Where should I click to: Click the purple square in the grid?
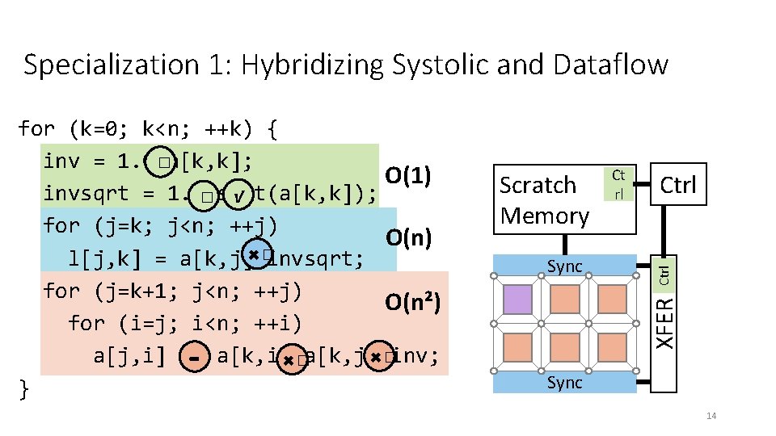click(x=518, y=299)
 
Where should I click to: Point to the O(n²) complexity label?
click(x=412, y=302)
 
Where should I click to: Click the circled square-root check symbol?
click(x=238, y=196)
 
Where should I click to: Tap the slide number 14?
click(x=711, y=416)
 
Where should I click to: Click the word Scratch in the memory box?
click(x=537, y=185)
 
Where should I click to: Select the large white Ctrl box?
click(x=677, y=185)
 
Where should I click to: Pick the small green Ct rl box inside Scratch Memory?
click(x=618, y=184)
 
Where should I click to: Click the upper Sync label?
click(x=564, y=266)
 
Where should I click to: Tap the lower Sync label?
click(x=564, y=382)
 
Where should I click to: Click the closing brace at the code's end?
click(x=23, y=389)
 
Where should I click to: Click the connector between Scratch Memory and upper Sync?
click(x=564, y=244)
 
